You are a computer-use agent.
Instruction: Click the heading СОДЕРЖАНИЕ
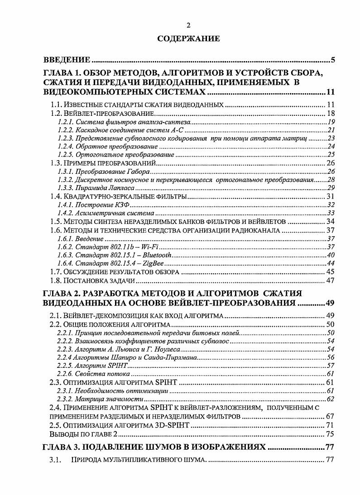[188, 39]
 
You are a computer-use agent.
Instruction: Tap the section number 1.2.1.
[66, 122]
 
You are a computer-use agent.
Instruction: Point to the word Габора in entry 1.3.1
[139, 172]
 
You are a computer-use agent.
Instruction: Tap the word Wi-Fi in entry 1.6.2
[150, 247]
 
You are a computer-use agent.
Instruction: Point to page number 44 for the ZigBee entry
[330, 263]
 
